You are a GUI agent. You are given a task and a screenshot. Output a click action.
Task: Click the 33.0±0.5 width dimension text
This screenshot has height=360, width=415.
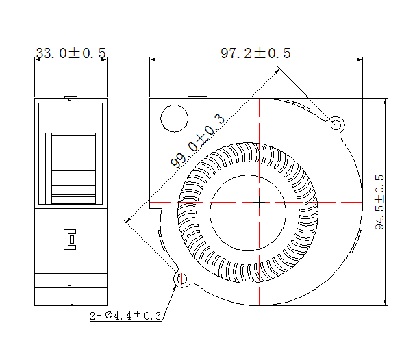coord(71,53)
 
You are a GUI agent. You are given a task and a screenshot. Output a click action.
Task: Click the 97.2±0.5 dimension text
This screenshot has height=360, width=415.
coord(255,53)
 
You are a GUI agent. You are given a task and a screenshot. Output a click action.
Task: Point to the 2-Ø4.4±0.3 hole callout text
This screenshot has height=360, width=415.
coord(125,316)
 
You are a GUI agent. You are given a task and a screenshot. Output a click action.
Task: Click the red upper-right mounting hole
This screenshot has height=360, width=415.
coord(336,125)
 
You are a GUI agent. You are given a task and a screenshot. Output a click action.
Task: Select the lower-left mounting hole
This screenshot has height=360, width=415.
coord(181,279)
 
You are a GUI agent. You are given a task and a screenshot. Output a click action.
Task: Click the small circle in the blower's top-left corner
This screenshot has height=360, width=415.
coord(174,118)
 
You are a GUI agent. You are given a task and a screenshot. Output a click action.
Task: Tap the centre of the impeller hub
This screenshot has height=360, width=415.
coord(259,203)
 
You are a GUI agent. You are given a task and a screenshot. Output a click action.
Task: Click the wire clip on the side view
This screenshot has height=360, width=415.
coord(71,239)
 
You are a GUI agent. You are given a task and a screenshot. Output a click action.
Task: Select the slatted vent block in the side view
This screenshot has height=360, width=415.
coord(71,168)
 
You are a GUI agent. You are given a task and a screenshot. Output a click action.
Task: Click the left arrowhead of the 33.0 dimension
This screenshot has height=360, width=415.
coord(36,60)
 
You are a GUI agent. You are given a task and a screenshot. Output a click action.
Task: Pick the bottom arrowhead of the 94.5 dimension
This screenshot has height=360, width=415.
coord(386,302)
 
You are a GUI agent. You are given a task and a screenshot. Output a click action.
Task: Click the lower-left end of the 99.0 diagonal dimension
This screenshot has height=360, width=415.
coord(127,220)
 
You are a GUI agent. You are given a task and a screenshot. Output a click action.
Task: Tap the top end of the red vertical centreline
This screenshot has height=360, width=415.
coord(259,99)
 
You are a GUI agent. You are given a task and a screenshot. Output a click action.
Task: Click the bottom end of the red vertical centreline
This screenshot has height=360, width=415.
coord(259,305)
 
